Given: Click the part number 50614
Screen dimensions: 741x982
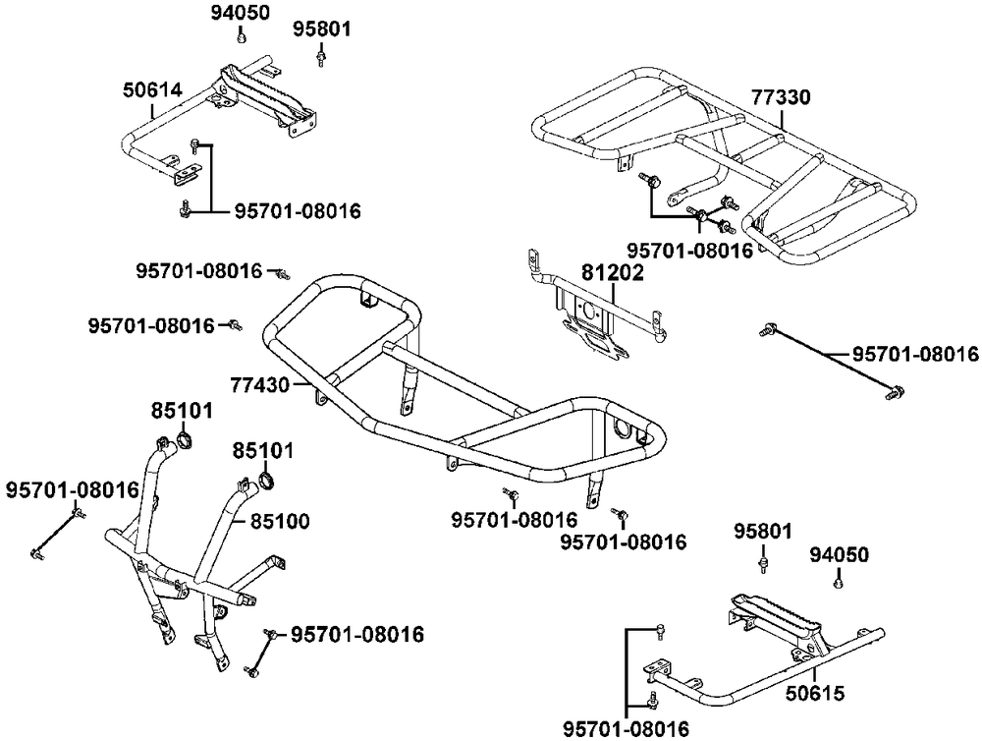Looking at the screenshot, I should (152, 90).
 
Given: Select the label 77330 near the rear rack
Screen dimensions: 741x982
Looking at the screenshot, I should (782, 98).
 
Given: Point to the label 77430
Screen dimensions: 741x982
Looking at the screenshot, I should (260, 384).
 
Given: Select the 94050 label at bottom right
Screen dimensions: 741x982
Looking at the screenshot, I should (839, 555).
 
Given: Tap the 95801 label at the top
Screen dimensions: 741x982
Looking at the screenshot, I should (321, 30).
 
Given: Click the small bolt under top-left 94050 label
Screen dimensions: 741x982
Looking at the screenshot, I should (241, 38).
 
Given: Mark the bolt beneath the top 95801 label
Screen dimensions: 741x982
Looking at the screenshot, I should (321, 59).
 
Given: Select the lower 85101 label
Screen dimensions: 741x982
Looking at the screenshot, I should (261, 451).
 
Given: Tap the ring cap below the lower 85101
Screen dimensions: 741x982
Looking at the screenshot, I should (263, 481).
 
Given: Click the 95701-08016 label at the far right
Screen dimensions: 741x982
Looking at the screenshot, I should (914, 354).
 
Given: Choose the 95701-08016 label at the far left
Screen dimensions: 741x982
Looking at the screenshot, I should (72, 488).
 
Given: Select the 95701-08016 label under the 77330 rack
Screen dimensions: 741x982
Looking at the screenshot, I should (689, 251).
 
